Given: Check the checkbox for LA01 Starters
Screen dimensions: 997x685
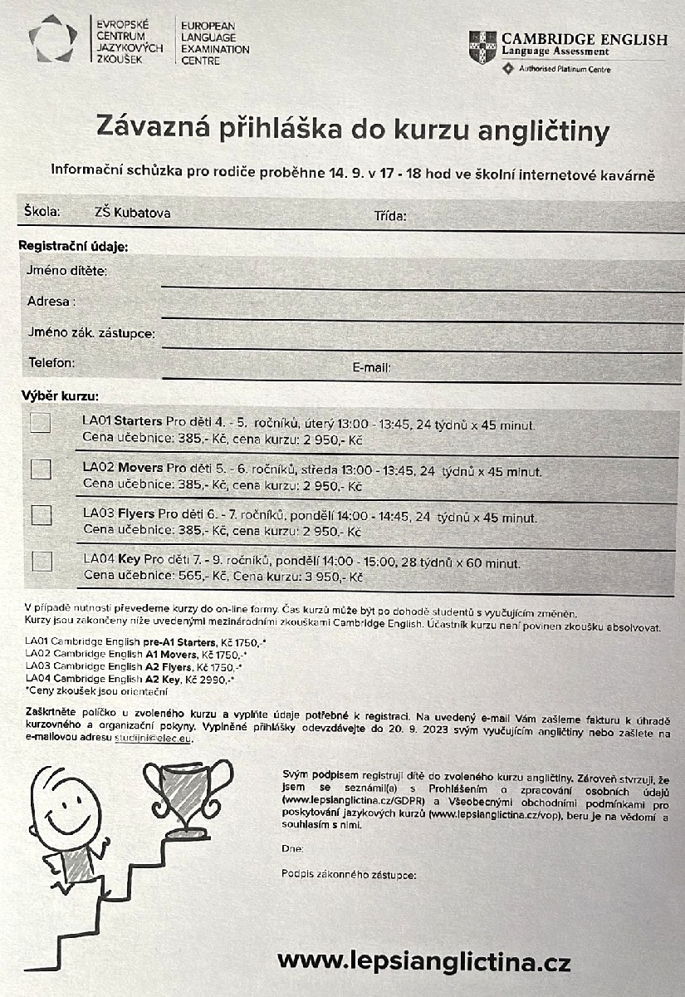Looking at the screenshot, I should [40, 423].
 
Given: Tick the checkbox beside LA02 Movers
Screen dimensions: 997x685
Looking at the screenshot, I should [41, 469].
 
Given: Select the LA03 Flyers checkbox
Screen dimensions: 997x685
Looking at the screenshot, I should [41, 515].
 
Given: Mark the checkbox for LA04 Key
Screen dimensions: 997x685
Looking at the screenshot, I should [41, 561].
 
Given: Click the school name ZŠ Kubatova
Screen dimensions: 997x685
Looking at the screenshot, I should [133, 214].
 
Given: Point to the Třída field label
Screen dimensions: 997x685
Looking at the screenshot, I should [389, 217].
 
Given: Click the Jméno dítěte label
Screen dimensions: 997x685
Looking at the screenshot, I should [69, 271].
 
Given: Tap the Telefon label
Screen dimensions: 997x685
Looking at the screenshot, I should [52, 363].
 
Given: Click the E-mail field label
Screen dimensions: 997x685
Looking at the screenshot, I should [371, 367].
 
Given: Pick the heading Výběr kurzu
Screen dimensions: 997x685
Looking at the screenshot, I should [61, 396].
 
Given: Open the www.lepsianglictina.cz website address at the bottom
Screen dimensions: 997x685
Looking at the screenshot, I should [423, 962].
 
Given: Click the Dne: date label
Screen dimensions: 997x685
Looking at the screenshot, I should [292, 849].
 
